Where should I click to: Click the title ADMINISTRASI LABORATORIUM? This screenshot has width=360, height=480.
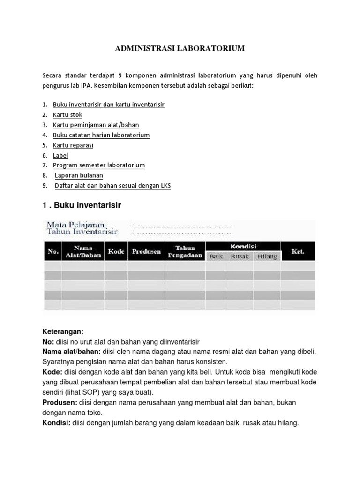click(180, 48)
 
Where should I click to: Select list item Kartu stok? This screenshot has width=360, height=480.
click(67, 114)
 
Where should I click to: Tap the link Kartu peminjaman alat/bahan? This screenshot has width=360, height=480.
click(96, 125)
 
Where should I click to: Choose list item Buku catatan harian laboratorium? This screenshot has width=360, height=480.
click(101, 135)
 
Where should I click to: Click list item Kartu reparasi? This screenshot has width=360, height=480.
click(73, 145)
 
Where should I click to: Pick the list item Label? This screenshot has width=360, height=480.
click(60, 155)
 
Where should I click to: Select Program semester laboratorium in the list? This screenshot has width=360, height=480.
click(99, 165)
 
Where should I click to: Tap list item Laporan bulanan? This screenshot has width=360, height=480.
click(79, 176)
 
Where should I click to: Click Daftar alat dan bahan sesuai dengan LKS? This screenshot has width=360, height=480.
click(113, 186)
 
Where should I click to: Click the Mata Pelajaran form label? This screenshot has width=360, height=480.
click(76, 224)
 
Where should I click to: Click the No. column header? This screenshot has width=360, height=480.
click(53, 251)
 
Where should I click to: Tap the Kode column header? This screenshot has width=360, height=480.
click(116, 251)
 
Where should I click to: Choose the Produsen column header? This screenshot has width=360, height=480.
click(147, 251)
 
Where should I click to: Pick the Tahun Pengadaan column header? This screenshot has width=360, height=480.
click(185, 251)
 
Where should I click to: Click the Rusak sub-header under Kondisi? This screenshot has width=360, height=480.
click(240, 256)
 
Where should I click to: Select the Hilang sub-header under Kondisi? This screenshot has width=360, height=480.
click(267, 256)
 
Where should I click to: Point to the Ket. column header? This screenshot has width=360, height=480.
click(298, 251)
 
